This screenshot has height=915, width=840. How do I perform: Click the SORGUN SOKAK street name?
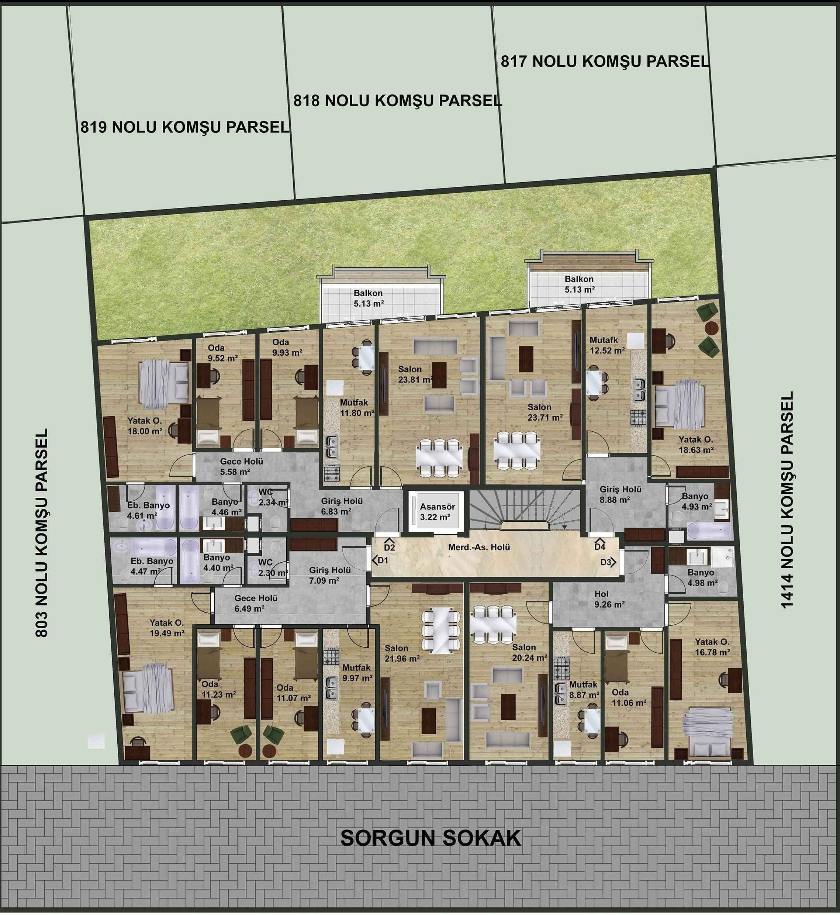[431, 838]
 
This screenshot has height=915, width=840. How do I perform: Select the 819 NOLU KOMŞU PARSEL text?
[185, 127]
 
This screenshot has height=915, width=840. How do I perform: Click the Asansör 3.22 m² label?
[437, 511]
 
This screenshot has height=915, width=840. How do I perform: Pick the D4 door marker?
[600, 545]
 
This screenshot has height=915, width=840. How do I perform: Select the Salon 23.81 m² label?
[415, 374]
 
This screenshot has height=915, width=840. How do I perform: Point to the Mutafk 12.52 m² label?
[607, 345]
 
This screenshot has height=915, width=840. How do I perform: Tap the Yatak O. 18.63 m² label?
[696, 445]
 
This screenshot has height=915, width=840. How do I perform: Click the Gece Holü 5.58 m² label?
[241, 467]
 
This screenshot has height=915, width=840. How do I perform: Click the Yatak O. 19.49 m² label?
[167, 628]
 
